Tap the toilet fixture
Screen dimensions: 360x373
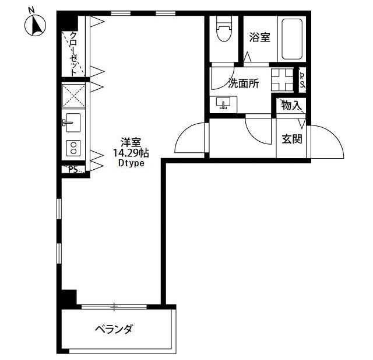click(223, 29)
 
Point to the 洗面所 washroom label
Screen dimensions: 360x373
click(244, 83)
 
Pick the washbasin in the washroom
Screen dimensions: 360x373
click(224, 104)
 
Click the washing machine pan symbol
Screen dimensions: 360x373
click(281, 79)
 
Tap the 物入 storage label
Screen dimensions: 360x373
click(290, 106)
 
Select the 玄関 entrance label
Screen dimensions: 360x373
click(292, 139)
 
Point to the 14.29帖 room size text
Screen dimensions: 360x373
click(131, 153)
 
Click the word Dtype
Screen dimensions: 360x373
click(131, 164)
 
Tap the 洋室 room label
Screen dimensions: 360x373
click(131, 142)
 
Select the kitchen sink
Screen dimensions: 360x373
click(73, 122)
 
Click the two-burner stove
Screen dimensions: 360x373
click(74, 148)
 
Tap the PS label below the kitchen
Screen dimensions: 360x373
click(73, 170)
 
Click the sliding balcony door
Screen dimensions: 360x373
click(114, 306)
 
